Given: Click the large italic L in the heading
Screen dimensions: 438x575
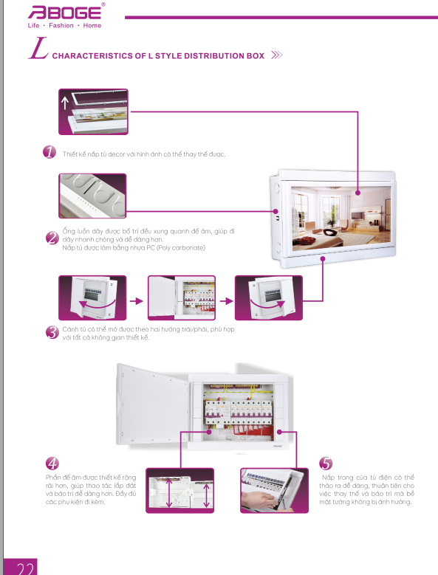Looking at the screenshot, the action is pyautogui.click(x=38, y=48).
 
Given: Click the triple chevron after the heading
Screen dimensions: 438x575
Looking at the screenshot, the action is pyautogui.click(x=276, y=55).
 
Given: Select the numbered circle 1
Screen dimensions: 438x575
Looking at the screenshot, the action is pyautogui.click(x=49, y=152).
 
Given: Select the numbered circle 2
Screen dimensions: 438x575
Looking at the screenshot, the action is pyautogui.click(x=52, y=238).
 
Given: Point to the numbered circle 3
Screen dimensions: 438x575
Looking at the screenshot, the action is pyautogui.click(x=52, y=332).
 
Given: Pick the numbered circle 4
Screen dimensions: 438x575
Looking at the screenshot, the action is pyautogui.click(x=52, y=463).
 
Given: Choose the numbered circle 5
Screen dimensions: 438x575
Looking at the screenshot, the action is pyautogui.click(x=326, y=463).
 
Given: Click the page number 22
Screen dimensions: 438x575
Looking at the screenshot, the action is pyautogui.click(x=25, y=568).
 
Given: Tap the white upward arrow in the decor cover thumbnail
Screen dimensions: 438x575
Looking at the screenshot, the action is pyautogui.click(x=65, y=103).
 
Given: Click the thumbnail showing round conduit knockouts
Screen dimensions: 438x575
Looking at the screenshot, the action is pyautogui.click(x=92, y=196).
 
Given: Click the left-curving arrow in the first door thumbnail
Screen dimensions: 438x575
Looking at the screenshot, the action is pyautogui.click(x=97, y=304).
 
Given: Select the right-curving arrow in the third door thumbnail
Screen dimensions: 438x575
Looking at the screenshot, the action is pyautogui.click(x=267, y=304).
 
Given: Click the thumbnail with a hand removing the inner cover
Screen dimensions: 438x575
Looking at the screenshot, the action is pyautogui.click(x=274, y=490).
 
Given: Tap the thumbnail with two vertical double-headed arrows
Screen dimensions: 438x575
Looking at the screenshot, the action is pyautogui.click(x=179, y=490).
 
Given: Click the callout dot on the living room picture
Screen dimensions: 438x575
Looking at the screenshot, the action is pyautogui.click(x=357, y=193).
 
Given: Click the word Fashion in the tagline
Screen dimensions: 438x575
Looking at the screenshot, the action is pyautogui.click(x=61, y=25).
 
